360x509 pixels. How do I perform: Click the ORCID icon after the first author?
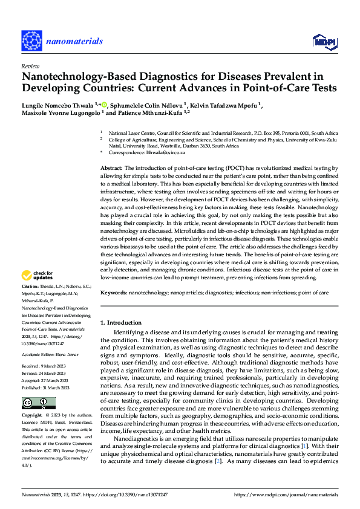(105, 104)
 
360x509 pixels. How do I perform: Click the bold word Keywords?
(114, 293)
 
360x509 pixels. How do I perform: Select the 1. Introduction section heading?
(120, 323)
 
